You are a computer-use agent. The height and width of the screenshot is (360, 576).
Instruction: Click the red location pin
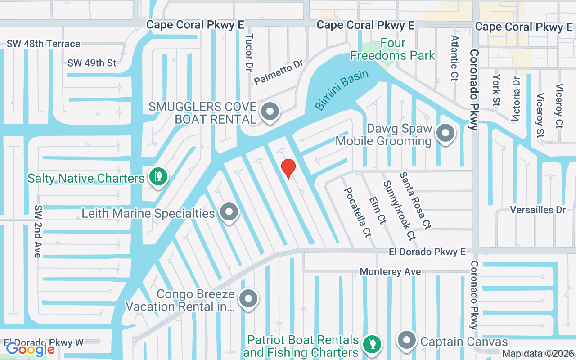click(288, 168)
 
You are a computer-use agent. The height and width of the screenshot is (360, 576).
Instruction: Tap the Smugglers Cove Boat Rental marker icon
click(270, 112)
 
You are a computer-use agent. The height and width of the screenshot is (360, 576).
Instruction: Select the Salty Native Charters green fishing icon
click(157, 177)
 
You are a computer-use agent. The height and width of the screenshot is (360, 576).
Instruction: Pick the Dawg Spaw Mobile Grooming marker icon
click(446, 134)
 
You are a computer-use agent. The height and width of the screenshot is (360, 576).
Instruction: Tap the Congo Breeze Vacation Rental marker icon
click(248, 299)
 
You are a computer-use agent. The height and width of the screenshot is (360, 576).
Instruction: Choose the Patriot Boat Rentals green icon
click(372, 345)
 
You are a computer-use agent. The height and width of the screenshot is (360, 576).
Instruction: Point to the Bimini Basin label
click(342, 90)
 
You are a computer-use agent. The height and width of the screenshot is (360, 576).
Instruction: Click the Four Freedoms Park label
click(393, 49)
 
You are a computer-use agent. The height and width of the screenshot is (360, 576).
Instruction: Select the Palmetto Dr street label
click(279, 72)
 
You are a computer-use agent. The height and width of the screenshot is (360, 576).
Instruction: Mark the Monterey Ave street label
click(390, 271)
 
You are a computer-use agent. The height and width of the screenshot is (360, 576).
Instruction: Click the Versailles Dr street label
click(537, 210)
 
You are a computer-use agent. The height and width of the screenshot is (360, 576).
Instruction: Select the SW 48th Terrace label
click(43, 44)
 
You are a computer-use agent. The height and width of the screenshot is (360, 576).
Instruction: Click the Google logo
click(30, 349)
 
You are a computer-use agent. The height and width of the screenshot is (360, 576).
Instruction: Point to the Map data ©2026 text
click(538, 354)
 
